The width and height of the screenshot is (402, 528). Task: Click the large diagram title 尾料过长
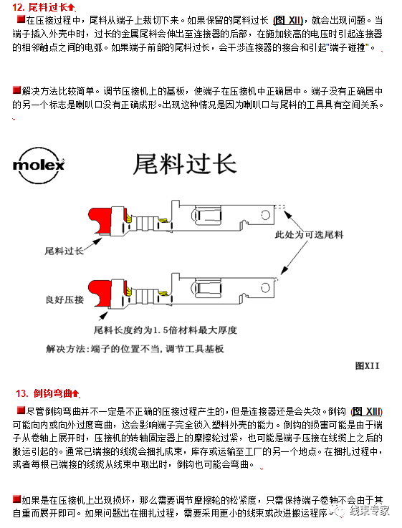coord(185,164)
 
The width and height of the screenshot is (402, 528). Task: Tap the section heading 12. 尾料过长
coord(43,7)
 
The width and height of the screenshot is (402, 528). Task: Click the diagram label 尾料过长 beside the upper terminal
coord(64,251)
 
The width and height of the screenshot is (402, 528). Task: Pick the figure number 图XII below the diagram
coord(366,365)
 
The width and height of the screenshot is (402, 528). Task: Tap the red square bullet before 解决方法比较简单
coord(17,90)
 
